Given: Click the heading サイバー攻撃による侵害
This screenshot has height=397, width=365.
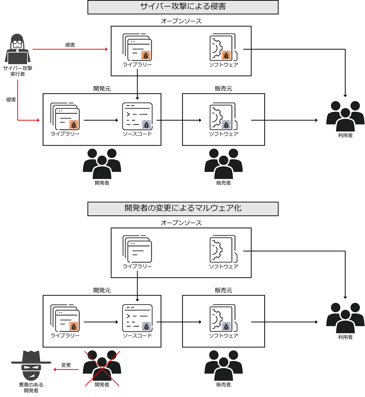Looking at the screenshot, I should click(183, 7).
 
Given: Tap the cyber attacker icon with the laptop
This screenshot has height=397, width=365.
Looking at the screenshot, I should click(17, 49).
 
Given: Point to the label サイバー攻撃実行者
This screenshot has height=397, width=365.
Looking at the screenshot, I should click(16, 71).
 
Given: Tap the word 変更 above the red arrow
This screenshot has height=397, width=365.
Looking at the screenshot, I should click(66, 365).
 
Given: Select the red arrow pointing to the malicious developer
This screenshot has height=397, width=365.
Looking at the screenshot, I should click(66, 370).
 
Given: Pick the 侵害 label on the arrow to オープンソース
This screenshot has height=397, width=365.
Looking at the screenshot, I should click(70, 45).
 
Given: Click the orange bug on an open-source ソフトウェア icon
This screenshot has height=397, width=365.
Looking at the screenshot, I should click(226, 56).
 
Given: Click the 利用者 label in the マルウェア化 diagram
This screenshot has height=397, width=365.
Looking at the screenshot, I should click(345, 337).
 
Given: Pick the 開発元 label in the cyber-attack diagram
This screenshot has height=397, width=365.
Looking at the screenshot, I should click(102, 89).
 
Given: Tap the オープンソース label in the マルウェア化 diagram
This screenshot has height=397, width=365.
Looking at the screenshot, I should click(181, 222).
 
